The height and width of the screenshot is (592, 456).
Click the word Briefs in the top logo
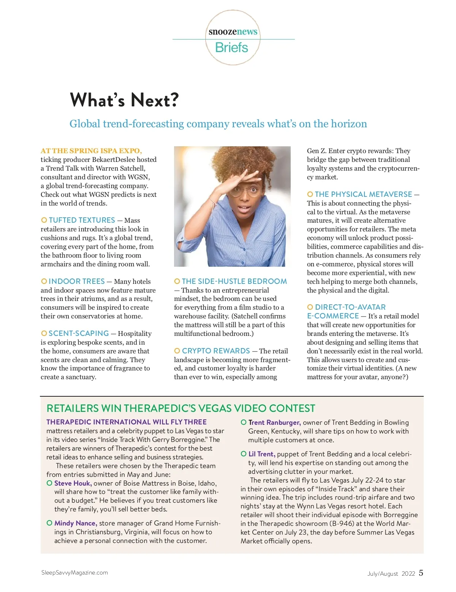click(231, 48)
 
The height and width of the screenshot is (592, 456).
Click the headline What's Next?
click(124, 100)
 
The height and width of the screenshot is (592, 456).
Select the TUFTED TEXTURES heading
click(82, 220)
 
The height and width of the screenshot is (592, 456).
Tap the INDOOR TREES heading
click(76, 282)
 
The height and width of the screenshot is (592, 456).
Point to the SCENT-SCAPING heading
click(79, 334)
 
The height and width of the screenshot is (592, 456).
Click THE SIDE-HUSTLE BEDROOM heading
click(234, 282)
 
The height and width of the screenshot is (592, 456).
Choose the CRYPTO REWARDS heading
click(216, 351)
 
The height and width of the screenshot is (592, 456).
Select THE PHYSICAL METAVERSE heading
click(363, 195)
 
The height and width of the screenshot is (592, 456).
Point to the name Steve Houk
click(73, 483)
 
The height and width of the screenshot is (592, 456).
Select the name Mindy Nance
click(76, 523)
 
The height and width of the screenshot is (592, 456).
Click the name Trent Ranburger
click(274, 423)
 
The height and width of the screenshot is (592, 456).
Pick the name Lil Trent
click(261, 454)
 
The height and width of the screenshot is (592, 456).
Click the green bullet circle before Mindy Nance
click(49, 523)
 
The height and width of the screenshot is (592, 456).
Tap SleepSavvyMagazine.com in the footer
click(74, 573)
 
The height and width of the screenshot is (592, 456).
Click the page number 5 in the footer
click(421, 573)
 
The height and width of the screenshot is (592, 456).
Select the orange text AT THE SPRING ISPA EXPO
click(91, 151)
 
